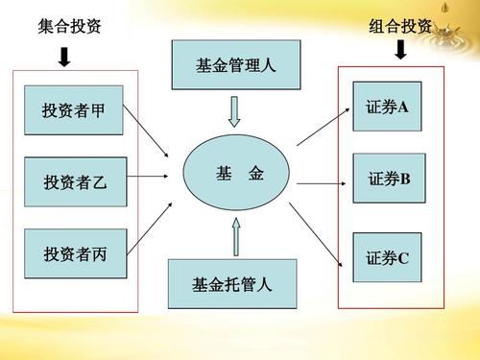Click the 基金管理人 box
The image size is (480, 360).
[x=235, y=65]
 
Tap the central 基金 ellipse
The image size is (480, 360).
[x=236, y=176]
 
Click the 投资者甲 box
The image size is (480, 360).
[x=74, y=110]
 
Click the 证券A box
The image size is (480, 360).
[x=387, y=104]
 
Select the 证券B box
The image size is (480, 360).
[x=388, y=179]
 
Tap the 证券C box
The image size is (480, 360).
[x=387, y=257]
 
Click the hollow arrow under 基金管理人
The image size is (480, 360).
[x=235, y=114]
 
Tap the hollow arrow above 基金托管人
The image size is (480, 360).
[x=236, y=236]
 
